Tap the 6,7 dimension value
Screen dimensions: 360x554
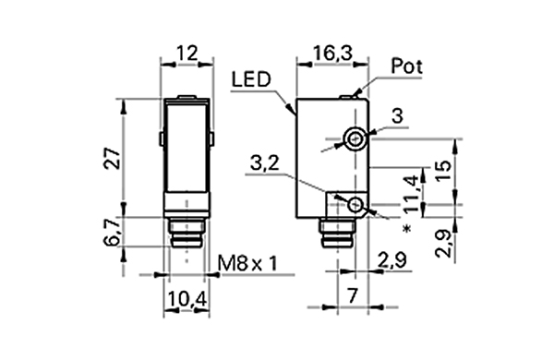(x=111, y=233)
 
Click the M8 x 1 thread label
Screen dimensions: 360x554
(x=247, y=265)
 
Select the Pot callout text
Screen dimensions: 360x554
(x=406, y=66)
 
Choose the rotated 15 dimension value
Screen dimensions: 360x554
(x=444, y=171)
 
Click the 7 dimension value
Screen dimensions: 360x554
(x=353, y=298)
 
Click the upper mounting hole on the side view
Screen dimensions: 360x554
(x=355, y=139)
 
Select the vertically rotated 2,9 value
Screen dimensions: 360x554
(x=444, y=245)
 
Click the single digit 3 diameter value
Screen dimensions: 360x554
(x=397, y=116)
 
